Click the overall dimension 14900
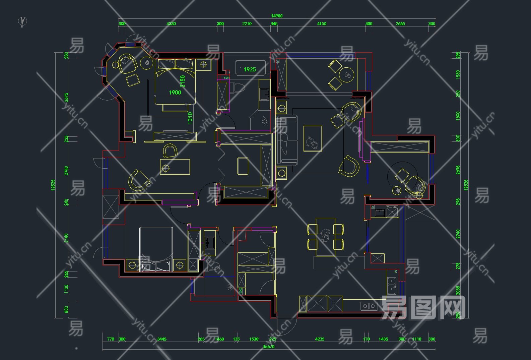[277, 16]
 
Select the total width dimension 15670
[269, 347]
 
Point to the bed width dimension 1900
[175, 93]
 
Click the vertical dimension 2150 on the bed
[183, 81]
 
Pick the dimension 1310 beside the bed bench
[190, 118]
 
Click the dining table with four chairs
[325, 237]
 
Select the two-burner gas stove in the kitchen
[369, 306]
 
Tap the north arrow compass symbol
[22, 21]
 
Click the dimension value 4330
[171, 24]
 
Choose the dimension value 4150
[322, 24]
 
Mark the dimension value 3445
[162, 339]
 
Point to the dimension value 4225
[320, 339]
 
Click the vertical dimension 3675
[66, 98]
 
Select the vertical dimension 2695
[458, 169]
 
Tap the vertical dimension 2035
[458, 289]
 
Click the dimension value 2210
[247, 24]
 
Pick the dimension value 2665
[400, 24]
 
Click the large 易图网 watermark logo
[423, 307]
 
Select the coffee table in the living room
[313, 138]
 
